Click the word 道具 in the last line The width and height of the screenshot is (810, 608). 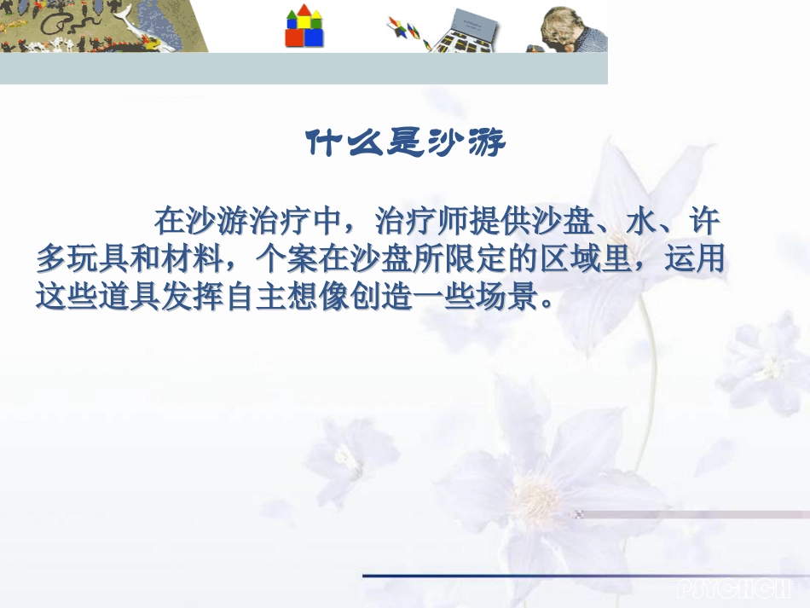[123, 297]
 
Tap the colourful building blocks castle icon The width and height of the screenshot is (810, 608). [304, 26]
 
